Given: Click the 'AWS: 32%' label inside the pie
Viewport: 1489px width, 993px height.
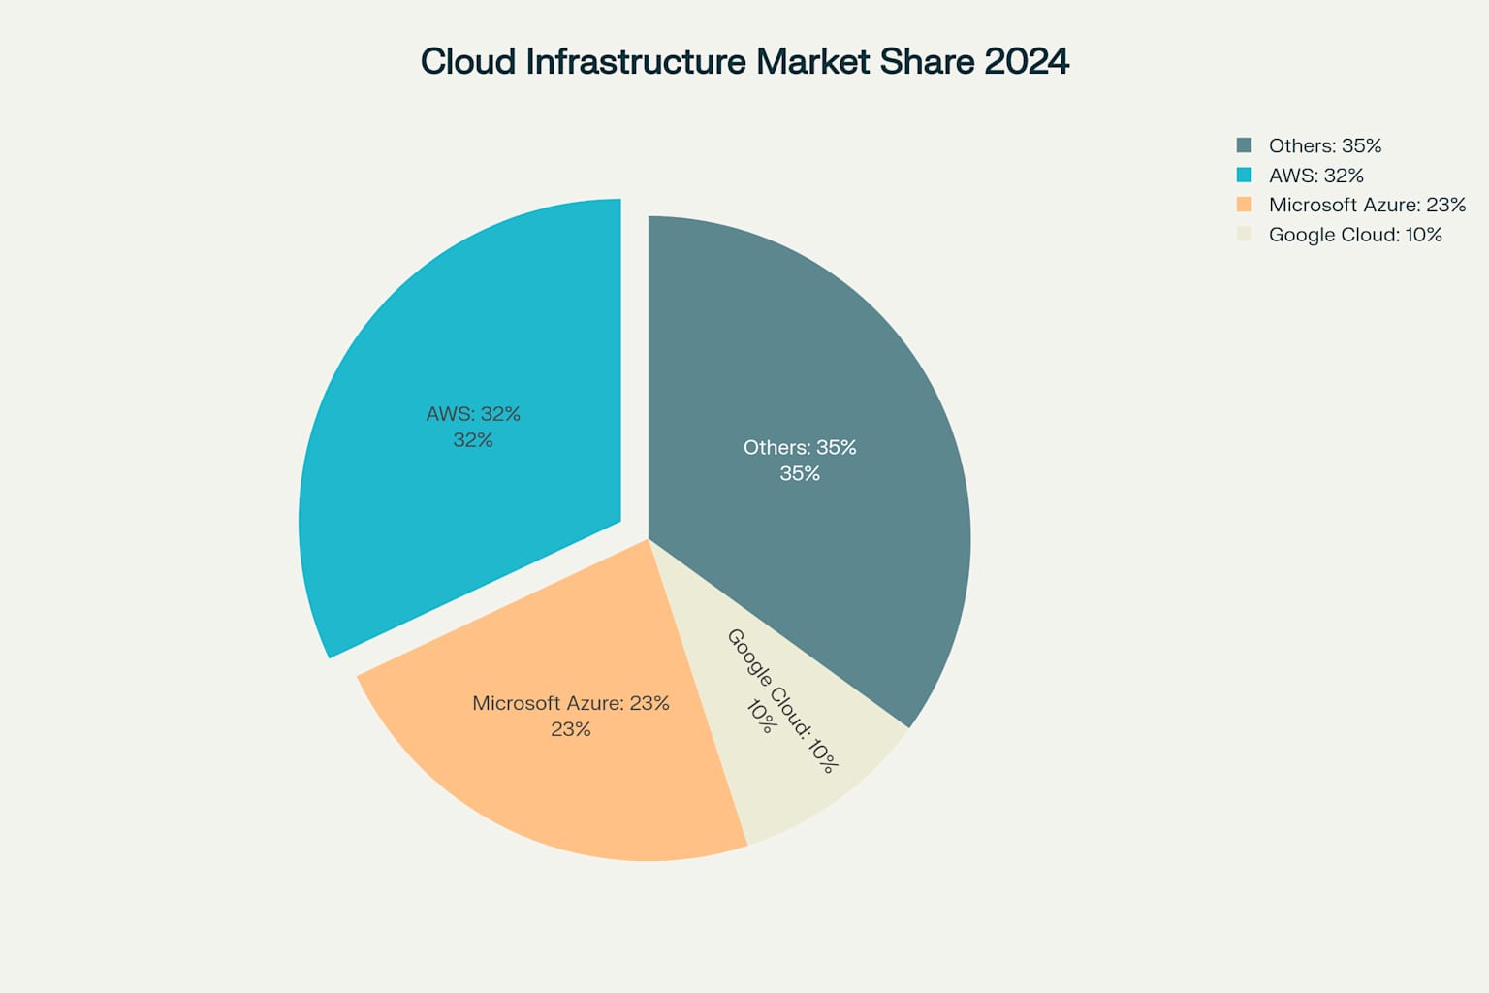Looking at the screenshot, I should [x=473, y=414].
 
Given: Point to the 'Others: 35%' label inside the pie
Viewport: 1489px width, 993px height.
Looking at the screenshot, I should [x=800, y=447].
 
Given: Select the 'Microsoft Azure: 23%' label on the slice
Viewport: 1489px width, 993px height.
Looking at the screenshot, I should [x=570, y=703].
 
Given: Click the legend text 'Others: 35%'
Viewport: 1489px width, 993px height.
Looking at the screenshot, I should [x=1324, y=145].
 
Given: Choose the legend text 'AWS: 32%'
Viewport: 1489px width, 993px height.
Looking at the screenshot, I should [x=1315, y=176].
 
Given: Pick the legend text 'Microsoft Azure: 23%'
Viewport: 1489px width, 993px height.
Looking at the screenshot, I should [x=1367, y=205].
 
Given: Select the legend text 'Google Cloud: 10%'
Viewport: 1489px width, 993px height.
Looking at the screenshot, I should [x=1355, y=235].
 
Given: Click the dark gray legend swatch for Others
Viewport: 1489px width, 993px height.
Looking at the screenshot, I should [x=1244, y=145].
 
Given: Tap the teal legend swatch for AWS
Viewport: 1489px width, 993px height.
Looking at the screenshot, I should [x=1244, y=176].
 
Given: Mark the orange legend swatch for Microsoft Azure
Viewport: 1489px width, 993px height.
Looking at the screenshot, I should [x=1244, y=205].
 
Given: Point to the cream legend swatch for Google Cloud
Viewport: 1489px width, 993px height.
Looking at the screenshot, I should [x=1244, y=235].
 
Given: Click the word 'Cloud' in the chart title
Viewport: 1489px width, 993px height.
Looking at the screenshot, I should [x=468, y=61].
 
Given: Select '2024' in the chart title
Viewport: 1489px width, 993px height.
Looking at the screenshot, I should [x=1027, y=61].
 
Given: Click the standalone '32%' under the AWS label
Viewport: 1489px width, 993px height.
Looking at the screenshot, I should [x=473, y=440].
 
